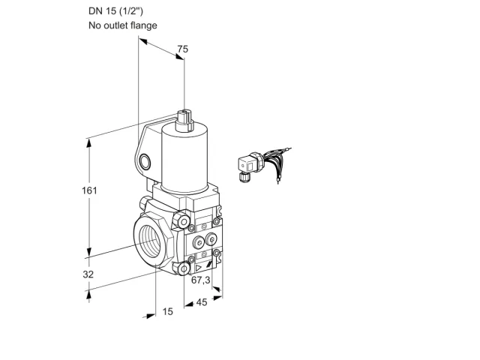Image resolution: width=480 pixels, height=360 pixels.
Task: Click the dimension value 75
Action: point(183,49)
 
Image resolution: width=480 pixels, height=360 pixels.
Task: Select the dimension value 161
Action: point(89,190)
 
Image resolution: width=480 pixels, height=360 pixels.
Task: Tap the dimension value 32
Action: point(88,274)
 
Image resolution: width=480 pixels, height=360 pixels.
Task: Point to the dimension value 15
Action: point(167,311)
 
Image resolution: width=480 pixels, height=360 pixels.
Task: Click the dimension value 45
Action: point(202,302)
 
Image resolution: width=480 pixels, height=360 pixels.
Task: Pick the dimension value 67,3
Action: point(201,280)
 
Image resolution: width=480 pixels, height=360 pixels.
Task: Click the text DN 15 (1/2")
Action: point(115,11)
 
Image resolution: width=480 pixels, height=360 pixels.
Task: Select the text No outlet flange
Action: point(123,25)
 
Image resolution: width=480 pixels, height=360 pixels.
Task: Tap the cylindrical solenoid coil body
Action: point(185,159)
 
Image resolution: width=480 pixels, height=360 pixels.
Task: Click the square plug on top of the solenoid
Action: point(184,119)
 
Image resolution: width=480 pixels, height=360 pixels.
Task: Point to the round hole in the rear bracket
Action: point(145,162)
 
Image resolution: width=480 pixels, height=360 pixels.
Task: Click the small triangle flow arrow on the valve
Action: point(199,268)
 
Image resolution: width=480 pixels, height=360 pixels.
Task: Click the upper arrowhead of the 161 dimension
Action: point(89,143)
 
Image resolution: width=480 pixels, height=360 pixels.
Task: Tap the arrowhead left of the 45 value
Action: point(189,304)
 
